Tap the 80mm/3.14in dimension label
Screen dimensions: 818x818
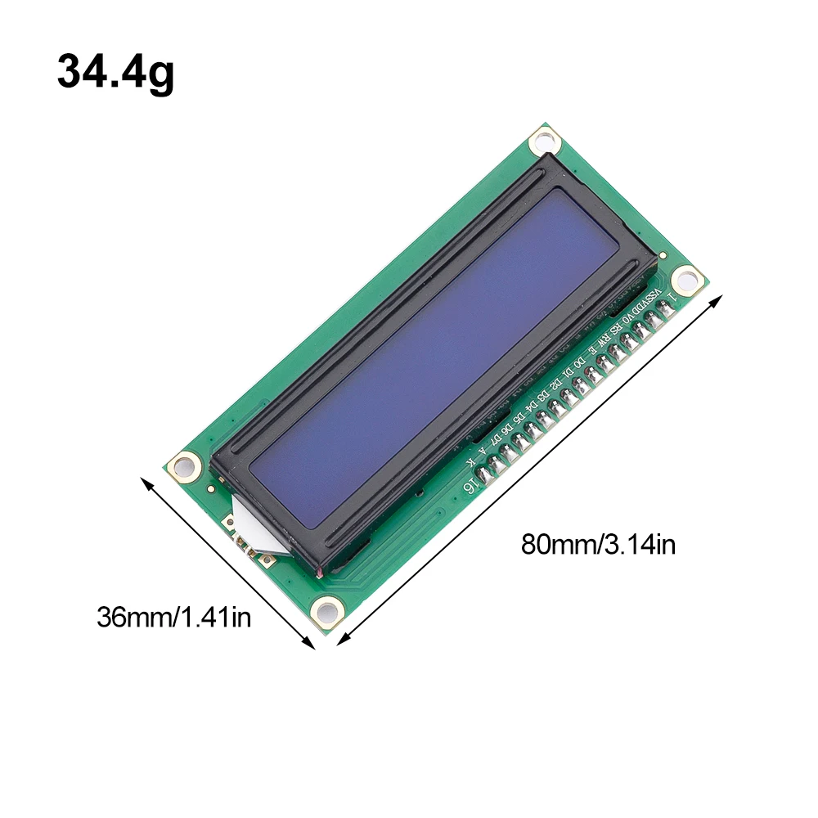pyautogui.click(x=598, y=544)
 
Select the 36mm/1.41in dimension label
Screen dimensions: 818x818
pyautogui.click(x=173, y=616)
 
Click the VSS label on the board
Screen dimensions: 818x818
pyautogui.click(x=658, y=294)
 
